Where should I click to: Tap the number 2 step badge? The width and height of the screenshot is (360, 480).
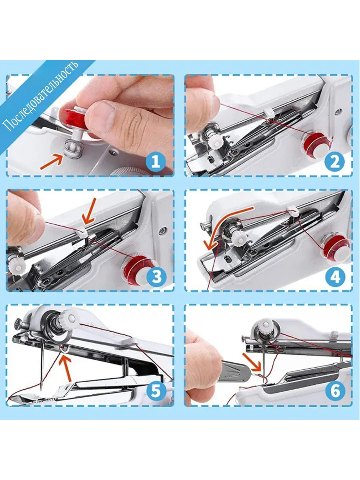click(334, 162)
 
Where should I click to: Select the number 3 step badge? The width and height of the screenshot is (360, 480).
click(156, 277)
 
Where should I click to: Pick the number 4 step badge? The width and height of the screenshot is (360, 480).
click(335, 278)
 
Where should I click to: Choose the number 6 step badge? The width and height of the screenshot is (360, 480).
click(335, 392)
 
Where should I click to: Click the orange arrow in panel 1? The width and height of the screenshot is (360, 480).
click(51, 161)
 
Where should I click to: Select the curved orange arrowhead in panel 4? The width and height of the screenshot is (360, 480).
click(210, 245)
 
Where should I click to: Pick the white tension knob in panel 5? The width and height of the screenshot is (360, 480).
click(70, 318)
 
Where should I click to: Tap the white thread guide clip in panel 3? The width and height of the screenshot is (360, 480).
click(82, 231)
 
